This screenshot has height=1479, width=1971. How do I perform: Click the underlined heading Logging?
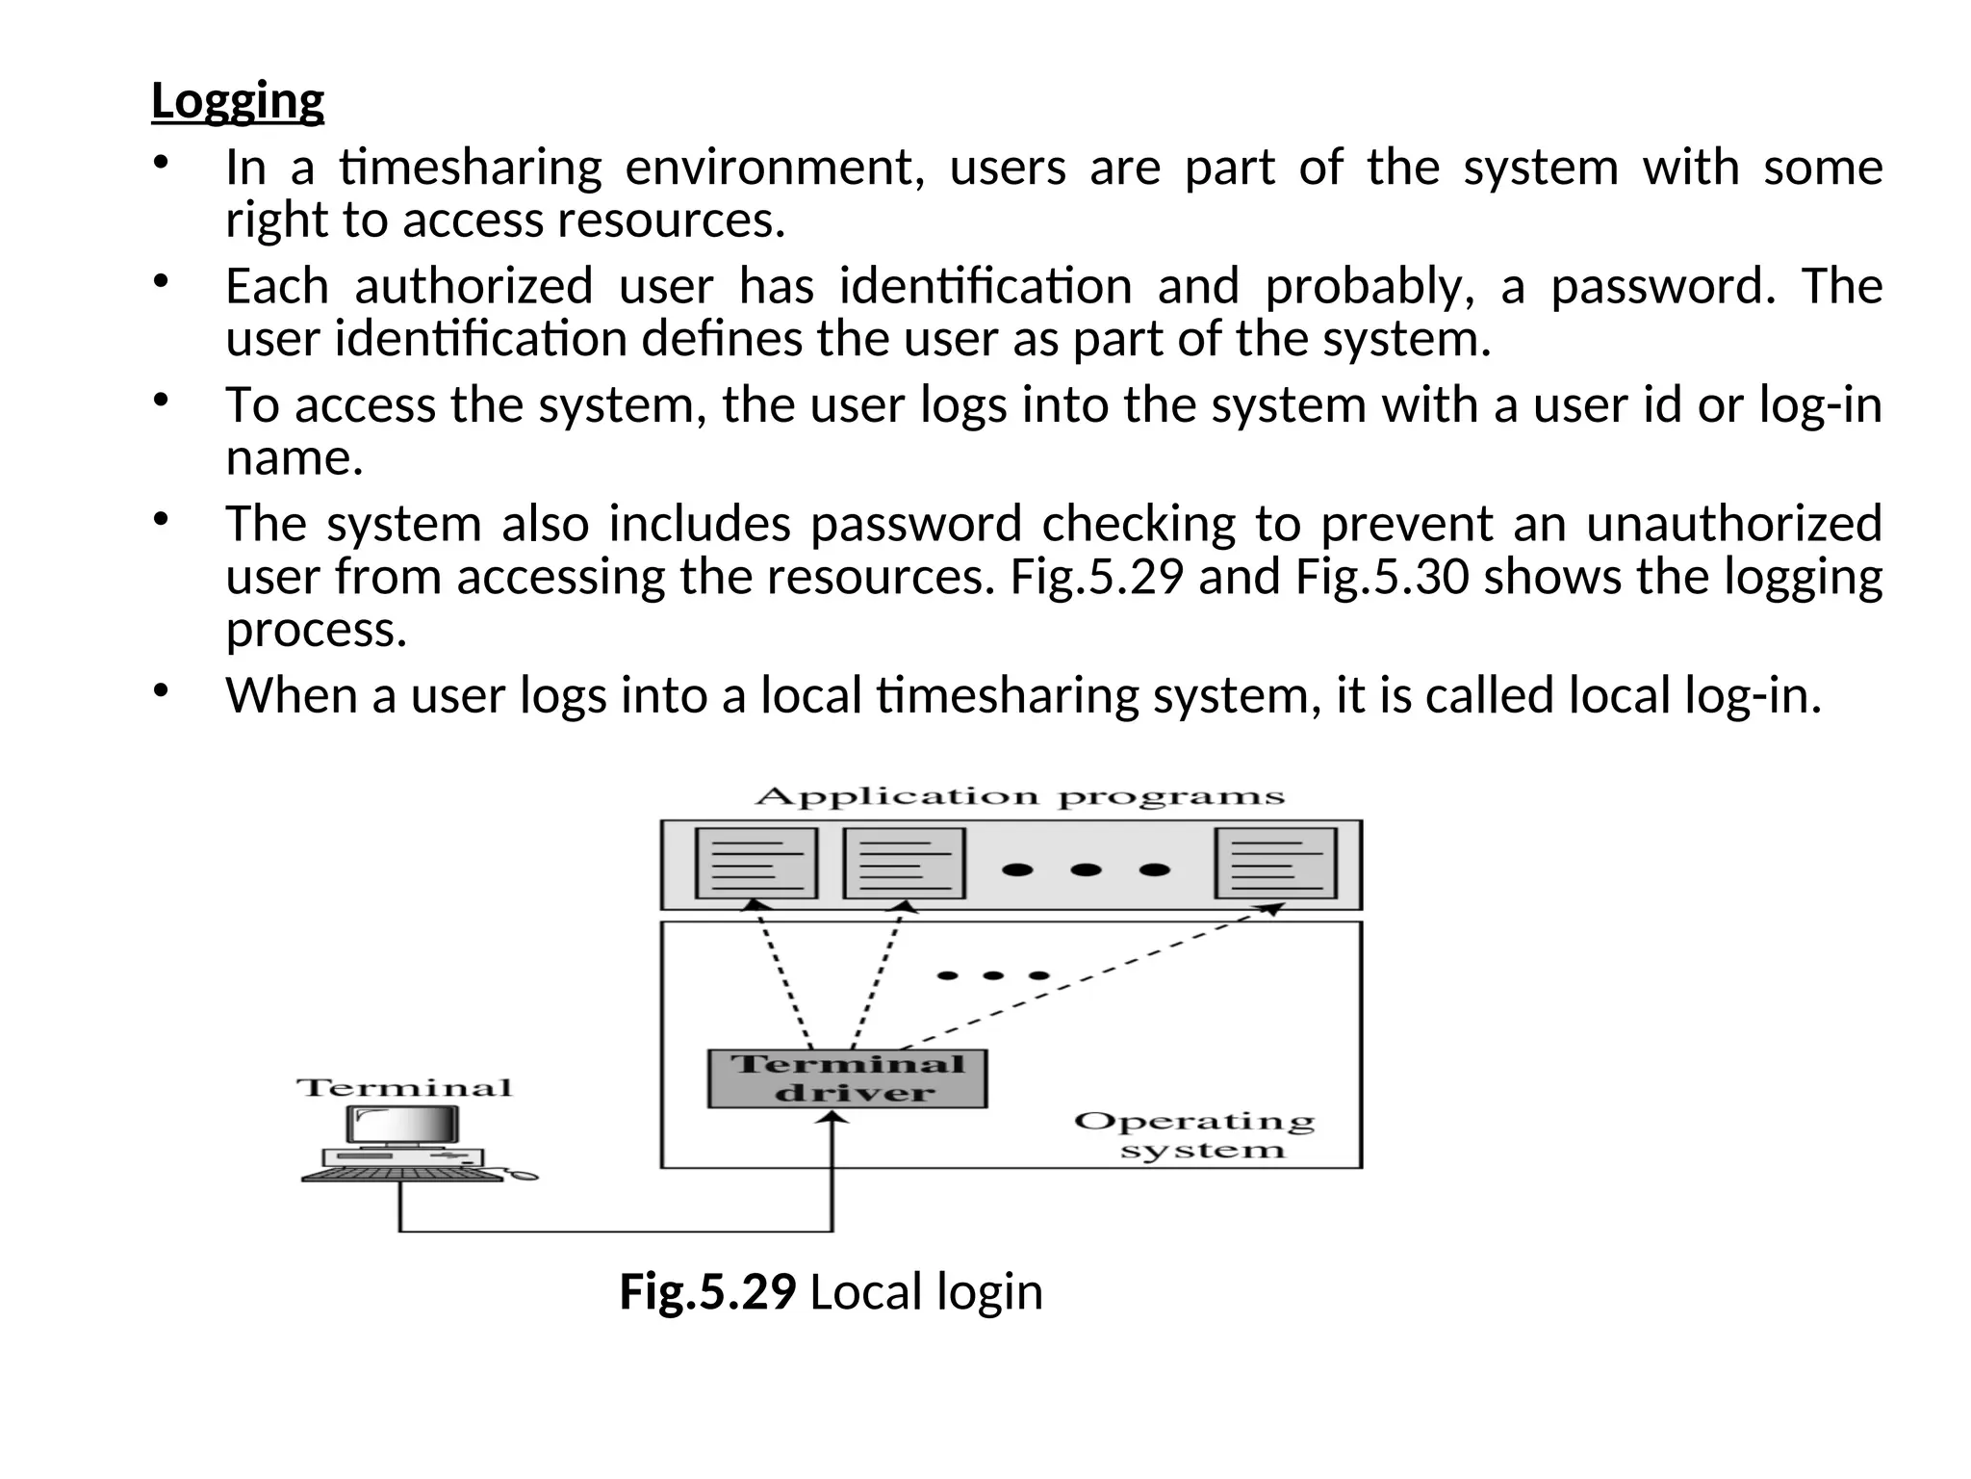click(x=238, y=101)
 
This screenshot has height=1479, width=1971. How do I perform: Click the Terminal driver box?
click(x=847, y=1078)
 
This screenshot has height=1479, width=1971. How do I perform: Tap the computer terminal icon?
click(x=404, y=1141)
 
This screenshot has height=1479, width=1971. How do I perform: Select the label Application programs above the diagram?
click(x=1019, y=797)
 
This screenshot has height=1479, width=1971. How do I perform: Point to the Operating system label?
click(x=1194, y=1135)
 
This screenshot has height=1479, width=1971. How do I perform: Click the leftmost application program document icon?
click(x=755, y=863)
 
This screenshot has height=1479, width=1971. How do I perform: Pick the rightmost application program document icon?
click(x=1276, y=863)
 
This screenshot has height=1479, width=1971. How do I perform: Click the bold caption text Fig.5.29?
click(x=707, y=1291)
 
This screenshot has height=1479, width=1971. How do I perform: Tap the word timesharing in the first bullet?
click(x=471, y=168)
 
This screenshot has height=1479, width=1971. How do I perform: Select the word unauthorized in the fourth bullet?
click(x=1733, y=524)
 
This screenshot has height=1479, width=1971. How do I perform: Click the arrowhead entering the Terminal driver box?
click(x=833, y=1118)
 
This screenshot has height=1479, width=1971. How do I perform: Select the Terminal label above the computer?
click(x=404, y=1088)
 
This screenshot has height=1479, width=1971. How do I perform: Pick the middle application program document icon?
click(x=904, y=863)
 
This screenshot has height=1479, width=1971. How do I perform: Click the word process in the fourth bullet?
click(x=317, y=630)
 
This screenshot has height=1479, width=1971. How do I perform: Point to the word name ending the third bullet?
click(x=294, y=458)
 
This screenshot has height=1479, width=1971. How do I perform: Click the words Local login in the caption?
click(x=926, y=1291)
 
